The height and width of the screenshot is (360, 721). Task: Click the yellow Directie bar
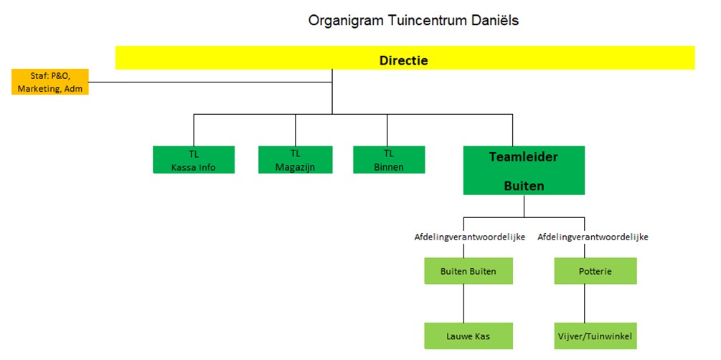pos(405,58)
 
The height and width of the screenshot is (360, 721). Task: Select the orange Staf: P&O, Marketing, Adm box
pos(50,82)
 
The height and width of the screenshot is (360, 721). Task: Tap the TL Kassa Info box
pos(194,160)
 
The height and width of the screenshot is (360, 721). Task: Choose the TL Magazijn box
pos(296,160)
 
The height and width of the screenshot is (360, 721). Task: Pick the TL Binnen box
pos(389,160)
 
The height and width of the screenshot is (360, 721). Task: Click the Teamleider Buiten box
pos(524,171)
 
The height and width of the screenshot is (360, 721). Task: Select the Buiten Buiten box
pos(468,271)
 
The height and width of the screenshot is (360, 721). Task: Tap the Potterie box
pos(595,271)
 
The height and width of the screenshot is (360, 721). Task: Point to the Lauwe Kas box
pos(468,335)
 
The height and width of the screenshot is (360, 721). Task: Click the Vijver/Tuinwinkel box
pos(595,335)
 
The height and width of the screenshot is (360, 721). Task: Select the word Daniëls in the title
pos(494,20)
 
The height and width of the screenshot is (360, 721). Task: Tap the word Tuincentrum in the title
pos(420,20)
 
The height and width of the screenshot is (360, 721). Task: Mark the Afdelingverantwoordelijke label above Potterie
pos(593,236)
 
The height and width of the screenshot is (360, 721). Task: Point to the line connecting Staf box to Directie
pos(208,82)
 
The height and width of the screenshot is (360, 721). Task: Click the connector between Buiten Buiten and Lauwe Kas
pos(463,303)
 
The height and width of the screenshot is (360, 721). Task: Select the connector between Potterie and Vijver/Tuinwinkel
pos(585,303)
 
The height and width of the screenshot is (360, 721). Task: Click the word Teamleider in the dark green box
pos(524,156)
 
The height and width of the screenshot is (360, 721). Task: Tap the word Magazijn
pos(296,167)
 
